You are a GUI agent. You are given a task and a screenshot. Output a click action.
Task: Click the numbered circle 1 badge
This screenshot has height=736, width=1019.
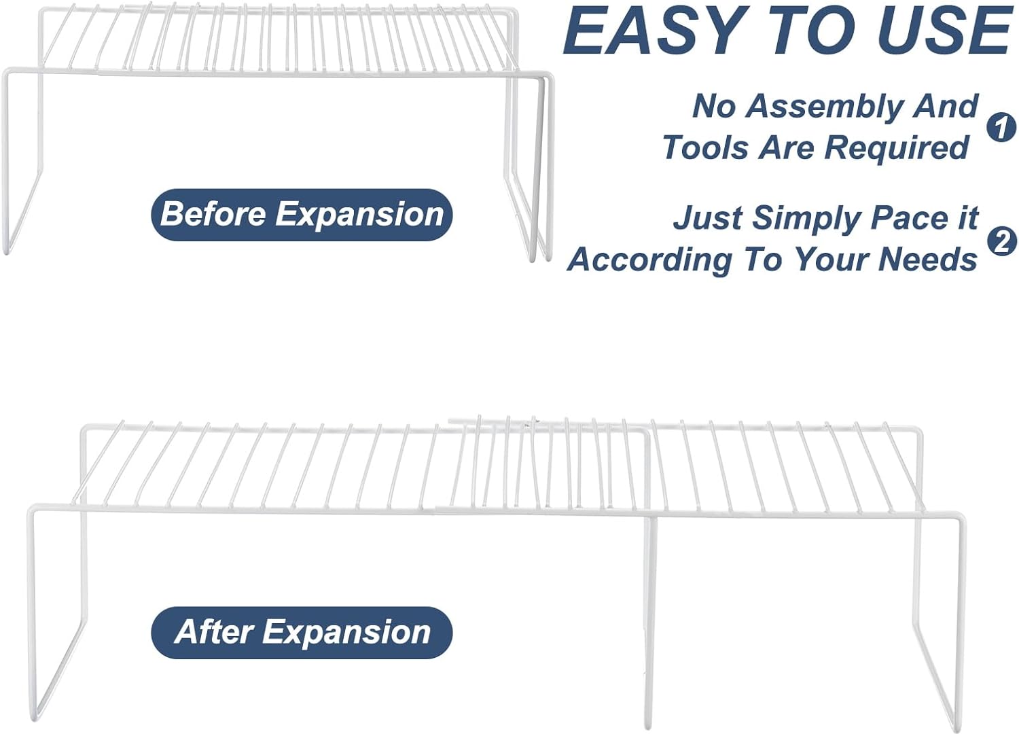[x=1001, y=127]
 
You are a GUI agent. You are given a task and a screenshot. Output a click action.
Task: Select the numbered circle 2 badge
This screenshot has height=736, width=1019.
[x=1001, y=241]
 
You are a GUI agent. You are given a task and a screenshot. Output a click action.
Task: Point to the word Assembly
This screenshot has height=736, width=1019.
[x=824, y=107]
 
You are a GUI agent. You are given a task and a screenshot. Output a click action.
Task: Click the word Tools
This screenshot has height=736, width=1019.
[x=704, y=147]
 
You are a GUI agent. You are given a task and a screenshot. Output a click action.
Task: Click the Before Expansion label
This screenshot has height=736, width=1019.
[x=302, y=215]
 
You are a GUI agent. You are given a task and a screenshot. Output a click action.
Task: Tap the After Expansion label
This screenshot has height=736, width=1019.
[x=302, y=632]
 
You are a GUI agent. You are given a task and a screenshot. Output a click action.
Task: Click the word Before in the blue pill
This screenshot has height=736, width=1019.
[x=213, y=214]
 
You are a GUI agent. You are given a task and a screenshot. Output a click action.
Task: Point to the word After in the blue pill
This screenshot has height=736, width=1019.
[x=214, y=632]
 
